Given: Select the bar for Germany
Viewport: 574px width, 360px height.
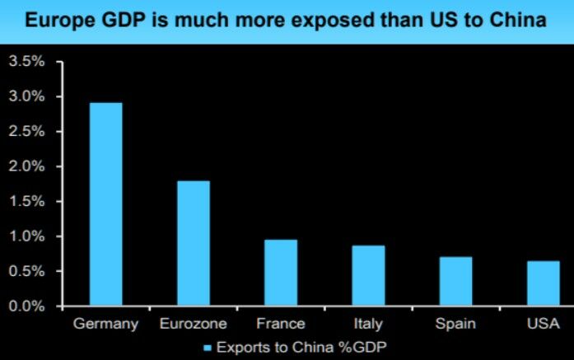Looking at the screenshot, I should tap(105, 204).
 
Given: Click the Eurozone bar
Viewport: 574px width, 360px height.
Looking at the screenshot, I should tap(193, 243).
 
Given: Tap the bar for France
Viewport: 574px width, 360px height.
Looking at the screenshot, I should tap(281, 273).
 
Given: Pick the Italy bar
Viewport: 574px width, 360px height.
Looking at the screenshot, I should tap(368, 276).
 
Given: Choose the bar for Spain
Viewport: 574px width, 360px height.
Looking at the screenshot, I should tap(455, 281).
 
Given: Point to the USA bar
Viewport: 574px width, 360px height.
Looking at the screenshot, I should tap(543, 283).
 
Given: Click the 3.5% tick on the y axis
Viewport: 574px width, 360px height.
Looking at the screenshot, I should tap(26, 62).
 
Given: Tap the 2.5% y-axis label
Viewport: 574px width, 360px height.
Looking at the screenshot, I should tap(26, 132).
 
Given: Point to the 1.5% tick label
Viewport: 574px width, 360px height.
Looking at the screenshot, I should tap(26, 202).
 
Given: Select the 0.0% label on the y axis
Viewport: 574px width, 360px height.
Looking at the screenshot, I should tap(26, 306).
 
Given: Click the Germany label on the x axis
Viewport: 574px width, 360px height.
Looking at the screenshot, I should tap(105, 324).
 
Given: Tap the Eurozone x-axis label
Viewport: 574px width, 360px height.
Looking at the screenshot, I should tap(193, 324).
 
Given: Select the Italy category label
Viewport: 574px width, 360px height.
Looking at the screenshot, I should tap(368, 324).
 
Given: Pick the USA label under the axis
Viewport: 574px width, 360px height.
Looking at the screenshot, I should tap(543, 324).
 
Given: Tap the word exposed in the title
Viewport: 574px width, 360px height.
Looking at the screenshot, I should tap(315, 21).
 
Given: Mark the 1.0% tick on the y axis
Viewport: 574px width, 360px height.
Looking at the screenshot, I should tap(26, 236).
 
